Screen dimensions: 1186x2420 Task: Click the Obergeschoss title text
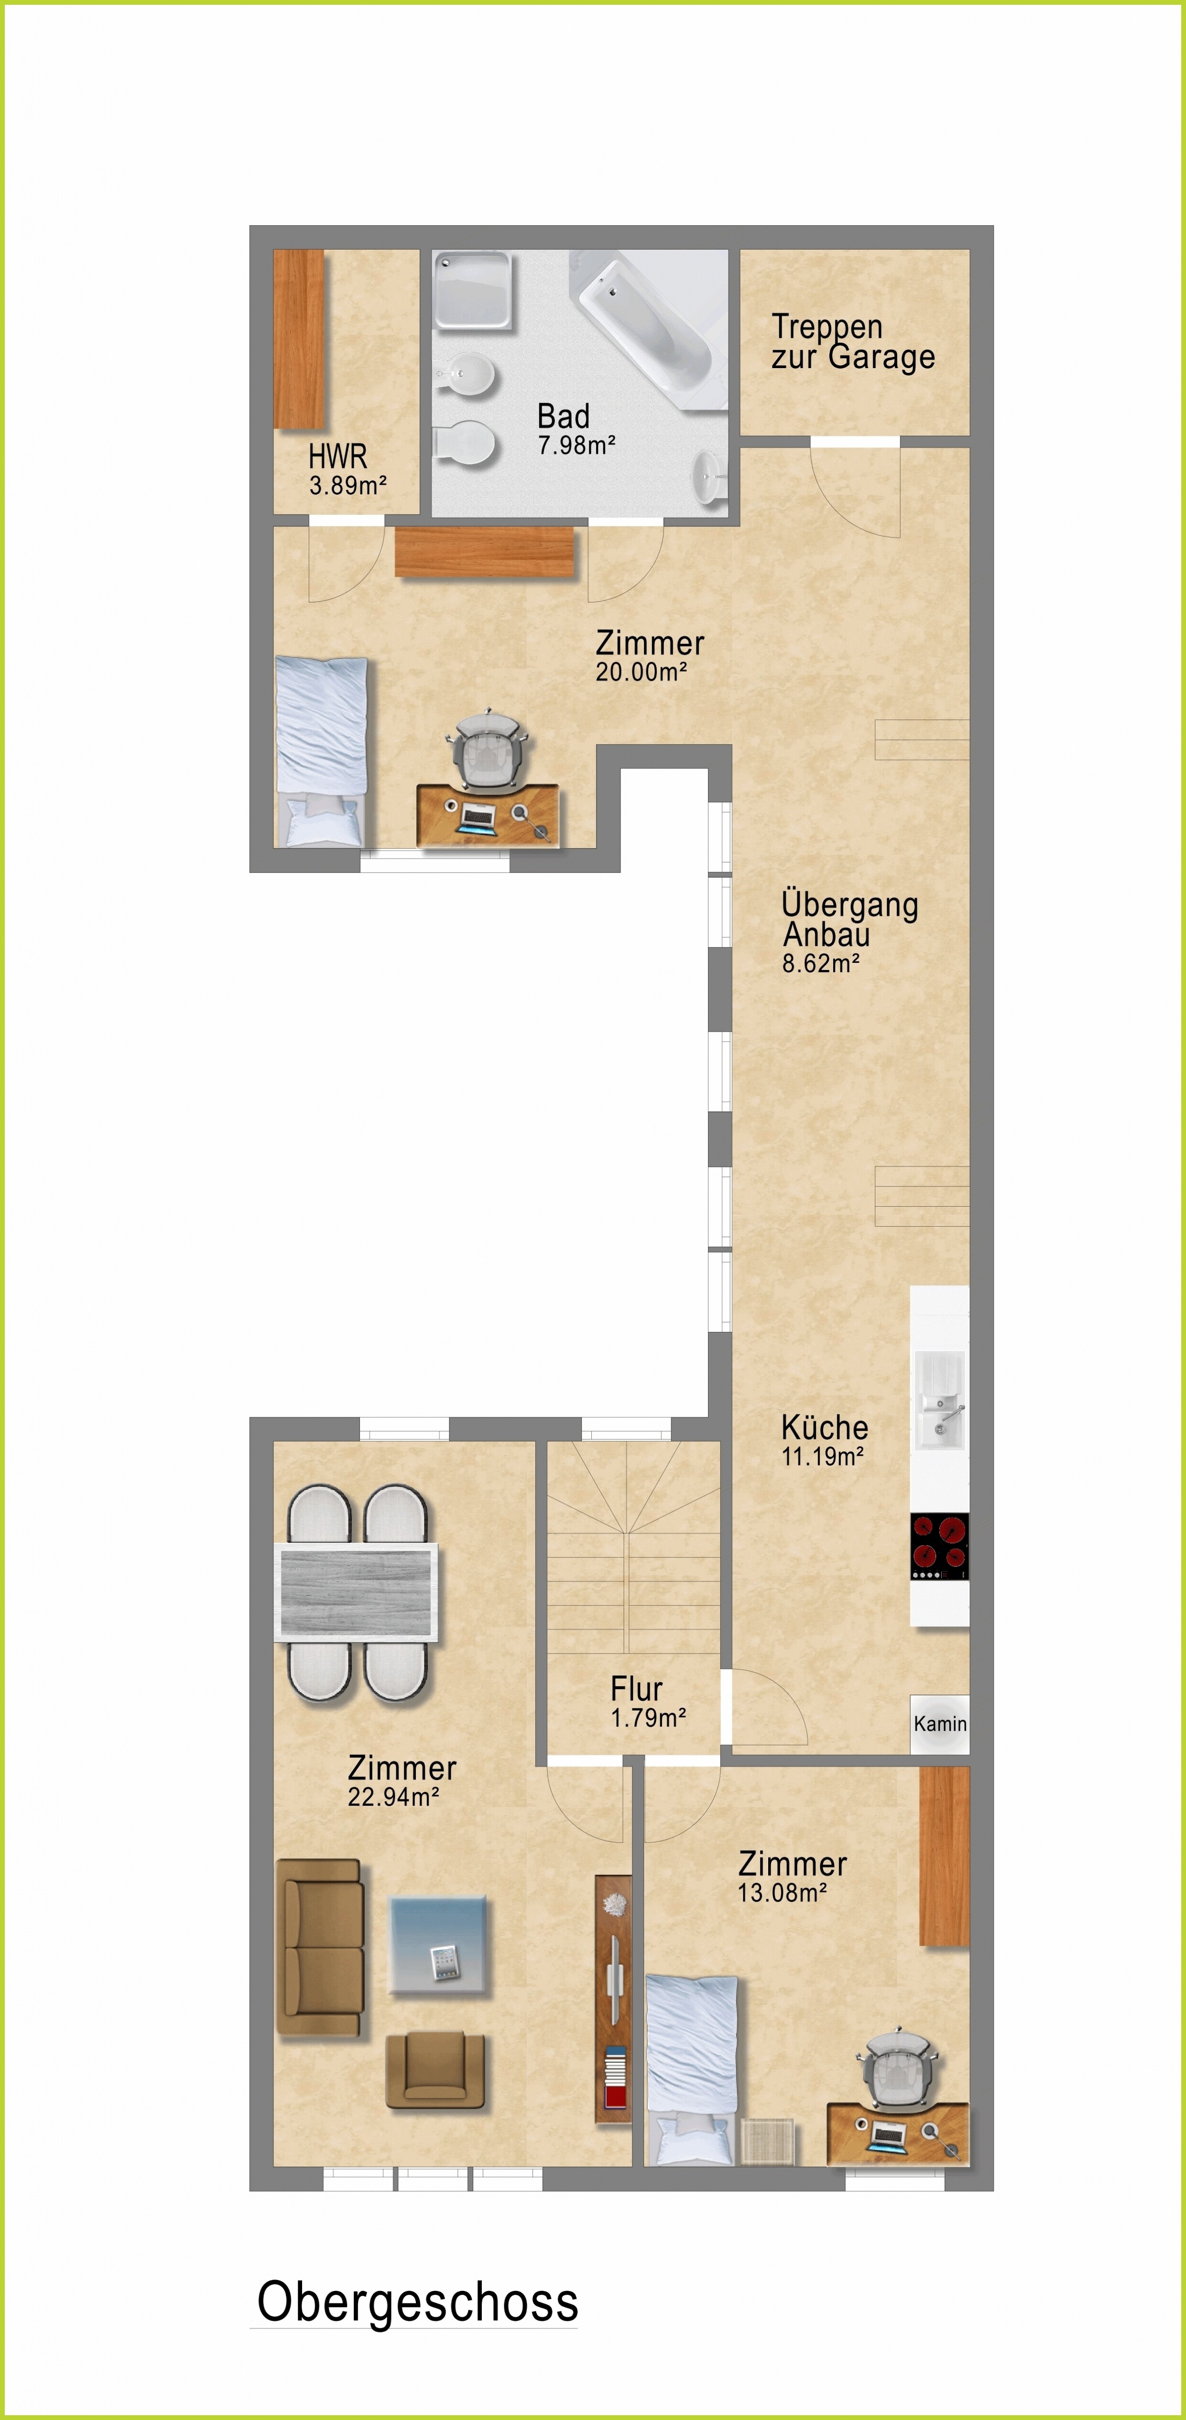point(418,2302)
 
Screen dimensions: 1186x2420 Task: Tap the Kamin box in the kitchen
point(939,1724)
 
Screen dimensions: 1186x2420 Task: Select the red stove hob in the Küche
point(939,1546)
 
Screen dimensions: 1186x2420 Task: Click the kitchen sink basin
point(939,1400)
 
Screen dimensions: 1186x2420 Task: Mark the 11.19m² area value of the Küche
point(823,1456)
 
